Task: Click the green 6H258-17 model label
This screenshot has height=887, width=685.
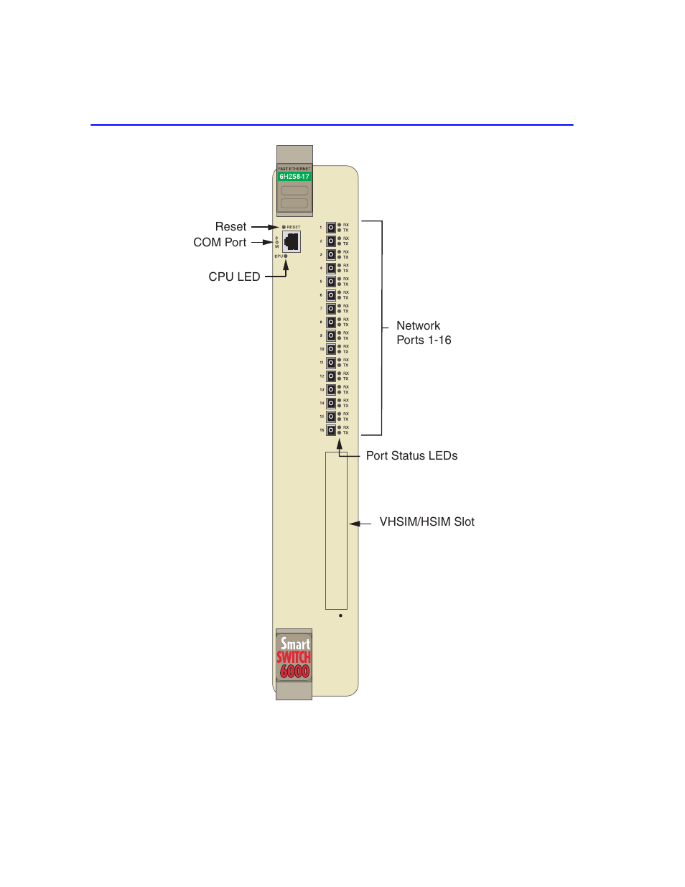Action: point(294,176)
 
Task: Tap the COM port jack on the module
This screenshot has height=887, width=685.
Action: point(292,241)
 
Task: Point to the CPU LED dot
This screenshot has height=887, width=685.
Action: point(286,256)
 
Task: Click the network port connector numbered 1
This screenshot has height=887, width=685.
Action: point(331,228)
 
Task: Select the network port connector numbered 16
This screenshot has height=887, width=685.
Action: point(331,430)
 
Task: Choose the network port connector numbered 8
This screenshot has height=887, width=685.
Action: point(331,322)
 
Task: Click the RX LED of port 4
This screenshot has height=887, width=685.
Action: point(340,265)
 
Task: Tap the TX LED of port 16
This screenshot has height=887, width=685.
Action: point(340,433)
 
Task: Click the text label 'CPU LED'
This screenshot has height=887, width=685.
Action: point(234,277)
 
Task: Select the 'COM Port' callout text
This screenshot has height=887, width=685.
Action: point(220,242)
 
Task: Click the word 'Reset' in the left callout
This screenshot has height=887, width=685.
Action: point(230,226)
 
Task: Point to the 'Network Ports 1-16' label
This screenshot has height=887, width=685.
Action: point(423,333)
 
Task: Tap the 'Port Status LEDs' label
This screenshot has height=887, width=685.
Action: point(411,455)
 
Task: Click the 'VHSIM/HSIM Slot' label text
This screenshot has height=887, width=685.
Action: point(427,521)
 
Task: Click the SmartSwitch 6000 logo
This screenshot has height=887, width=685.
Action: point(294,657)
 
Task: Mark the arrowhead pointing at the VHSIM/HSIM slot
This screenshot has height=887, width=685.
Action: point(353,524)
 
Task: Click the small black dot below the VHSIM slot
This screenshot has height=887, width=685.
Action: point(340,616)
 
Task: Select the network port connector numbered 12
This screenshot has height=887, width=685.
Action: point(331,376)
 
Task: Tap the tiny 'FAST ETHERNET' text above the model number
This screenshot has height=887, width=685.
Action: point(294,169)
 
